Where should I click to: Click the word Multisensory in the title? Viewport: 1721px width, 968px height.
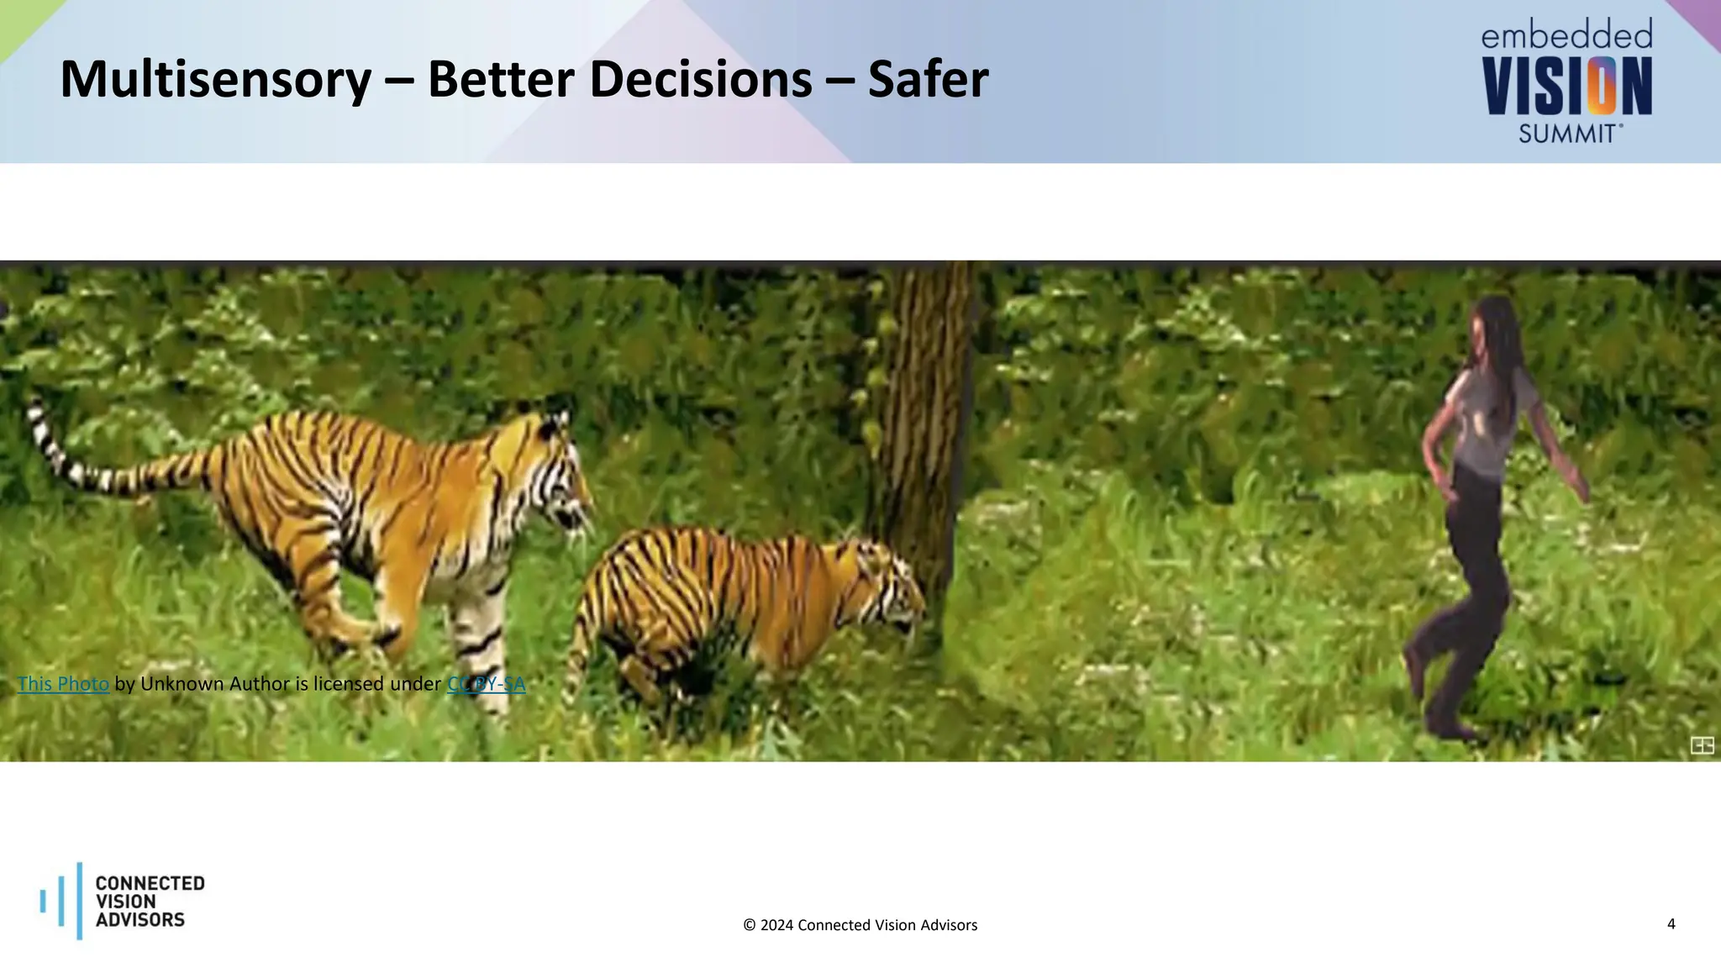coord(215,80)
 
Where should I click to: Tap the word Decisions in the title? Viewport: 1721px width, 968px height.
coord(701,80)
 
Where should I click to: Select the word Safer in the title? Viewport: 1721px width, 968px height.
coord(928,80)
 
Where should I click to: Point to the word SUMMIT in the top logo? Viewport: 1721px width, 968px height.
coord(1567,134)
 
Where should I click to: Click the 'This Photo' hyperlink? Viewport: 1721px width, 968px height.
coord(63,684)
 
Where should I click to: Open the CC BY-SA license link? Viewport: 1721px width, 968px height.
coord(486,684)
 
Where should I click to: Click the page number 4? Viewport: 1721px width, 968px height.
coord(1671,924)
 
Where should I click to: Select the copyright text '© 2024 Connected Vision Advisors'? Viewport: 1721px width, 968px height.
coord(860,925)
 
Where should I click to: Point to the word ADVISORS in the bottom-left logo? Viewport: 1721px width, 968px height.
coord(140,920)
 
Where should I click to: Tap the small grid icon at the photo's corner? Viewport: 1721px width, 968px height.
coord(1702,745)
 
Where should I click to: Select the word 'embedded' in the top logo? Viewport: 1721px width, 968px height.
coord(1566,36)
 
